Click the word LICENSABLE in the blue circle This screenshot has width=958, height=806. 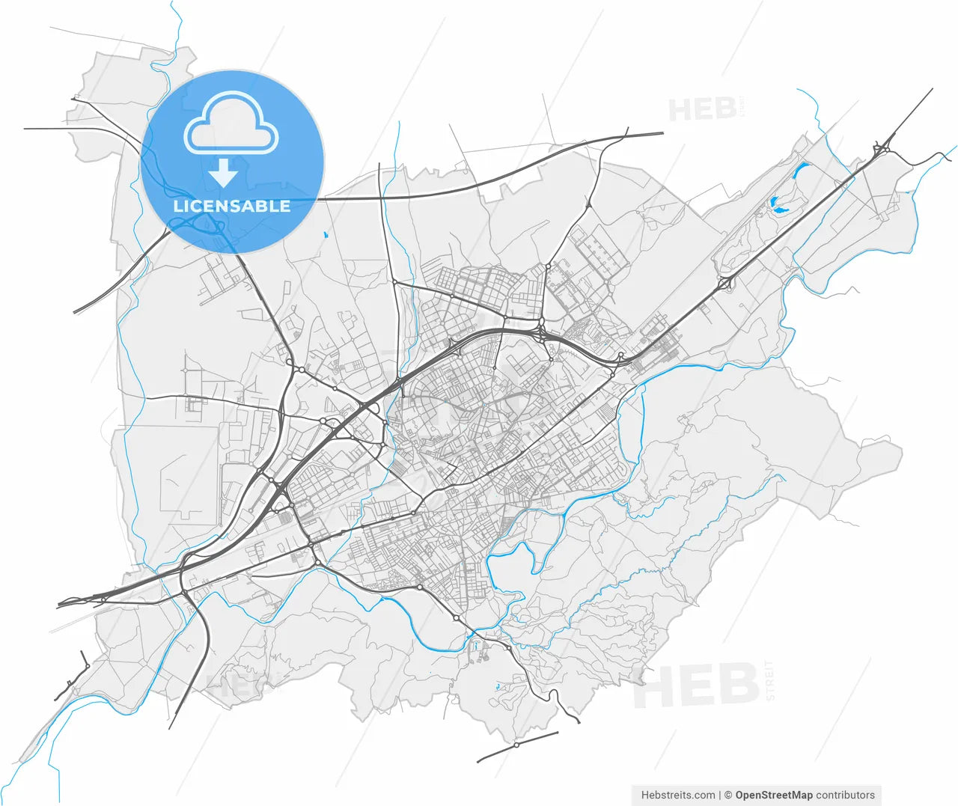click(231, 207)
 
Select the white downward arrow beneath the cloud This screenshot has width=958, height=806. click(223, 174)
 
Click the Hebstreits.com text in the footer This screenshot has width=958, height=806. click(677, 795)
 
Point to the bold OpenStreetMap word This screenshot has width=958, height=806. click(773, 795)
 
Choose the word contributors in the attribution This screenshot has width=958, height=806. click(845, 795)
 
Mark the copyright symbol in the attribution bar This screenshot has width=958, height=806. click(727, 795)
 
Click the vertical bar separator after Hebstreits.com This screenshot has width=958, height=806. click(720, 795)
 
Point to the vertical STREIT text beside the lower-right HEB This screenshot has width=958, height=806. click(770, 680)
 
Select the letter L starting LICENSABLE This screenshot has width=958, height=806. click(177, 207)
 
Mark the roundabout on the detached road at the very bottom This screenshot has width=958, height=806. click(516, 745)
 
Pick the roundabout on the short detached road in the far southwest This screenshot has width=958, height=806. click(87, 666)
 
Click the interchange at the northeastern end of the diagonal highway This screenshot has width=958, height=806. click(882, 148)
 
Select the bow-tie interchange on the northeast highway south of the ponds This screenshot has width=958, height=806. click(725, 283)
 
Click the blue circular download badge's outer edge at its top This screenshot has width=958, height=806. click(232, 71)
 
